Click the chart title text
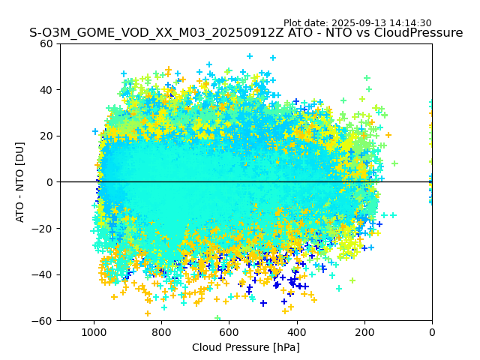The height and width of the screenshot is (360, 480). coord(246,33)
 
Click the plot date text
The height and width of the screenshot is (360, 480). coord(357,23)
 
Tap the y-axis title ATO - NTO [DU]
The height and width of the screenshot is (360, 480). coord(21,182)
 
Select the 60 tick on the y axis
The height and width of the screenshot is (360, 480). coord(46,43)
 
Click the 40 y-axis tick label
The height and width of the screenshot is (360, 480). coord(46,90)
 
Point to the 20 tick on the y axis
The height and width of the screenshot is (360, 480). coord(46,136)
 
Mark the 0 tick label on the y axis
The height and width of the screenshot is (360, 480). coord(49,182)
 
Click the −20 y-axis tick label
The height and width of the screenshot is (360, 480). coord(43,228)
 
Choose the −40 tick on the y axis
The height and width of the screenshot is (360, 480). coord(43,274)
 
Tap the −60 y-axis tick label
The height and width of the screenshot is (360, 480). coord(43,320)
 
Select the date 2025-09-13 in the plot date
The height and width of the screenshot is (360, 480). coord(358,23)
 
